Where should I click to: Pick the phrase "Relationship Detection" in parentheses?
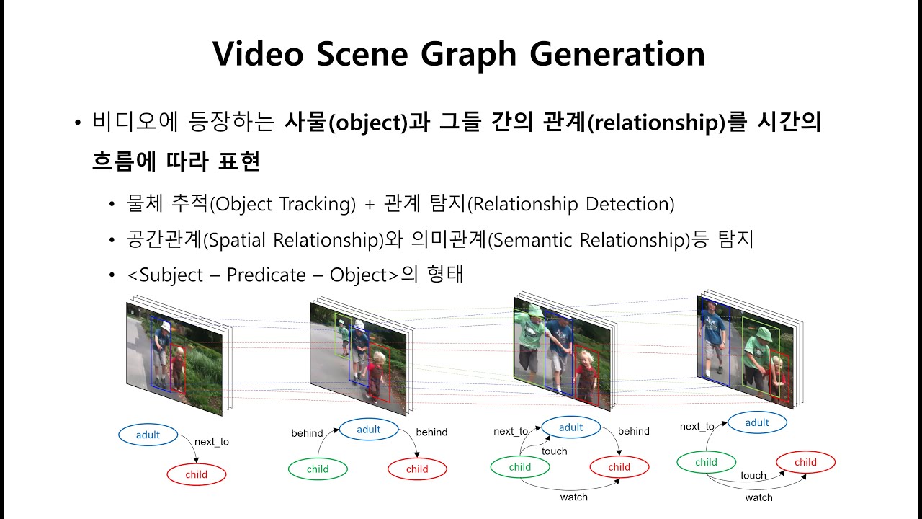click(572, 204)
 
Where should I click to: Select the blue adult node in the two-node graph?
click(148, 435)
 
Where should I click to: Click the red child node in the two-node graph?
click(196, 474)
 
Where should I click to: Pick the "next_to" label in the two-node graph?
click(212, 441)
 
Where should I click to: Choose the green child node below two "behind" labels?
click(318, 469)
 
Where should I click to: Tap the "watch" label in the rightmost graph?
click(758, 497)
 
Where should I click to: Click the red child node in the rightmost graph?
click(805, 462)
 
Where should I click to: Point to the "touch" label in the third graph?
click(554, 451)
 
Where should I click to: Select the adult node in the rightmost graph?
click(757, 422)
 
